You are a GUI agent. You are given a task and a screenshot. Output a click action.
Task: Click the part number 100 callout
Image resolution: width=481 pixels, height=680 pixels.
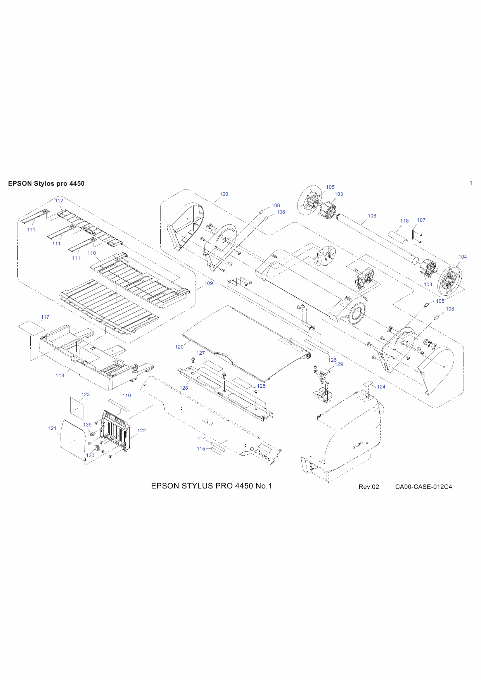coord(224,194)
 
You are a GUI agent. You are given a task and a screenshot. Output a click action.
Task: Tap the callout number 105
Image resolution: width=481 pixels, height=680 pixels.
coord(330,187)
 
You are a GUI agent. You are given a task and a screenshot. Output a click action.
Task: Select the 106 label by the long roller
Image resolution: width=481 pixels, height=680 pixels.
coord(372,216)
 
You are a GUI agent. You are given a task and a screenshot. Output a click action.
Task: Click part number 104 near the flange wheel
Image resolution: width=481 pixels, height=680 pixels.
coord(462,257)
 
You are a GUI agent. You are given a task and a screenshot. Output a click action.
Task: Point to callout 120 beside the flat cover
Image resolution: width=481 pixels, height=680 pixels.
coord(179,347)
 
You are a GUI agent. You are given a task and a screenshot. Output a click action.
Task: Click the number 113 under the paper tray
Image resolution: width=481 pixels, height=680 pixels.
coord(60,376)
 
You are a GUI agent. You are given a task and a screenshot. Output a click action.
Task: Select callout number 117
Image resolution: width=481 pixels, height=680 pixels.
coord(45,317)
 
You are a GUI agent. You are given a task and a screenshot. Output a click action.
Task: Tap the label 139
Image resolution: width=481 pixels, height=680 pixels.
coord(87,425)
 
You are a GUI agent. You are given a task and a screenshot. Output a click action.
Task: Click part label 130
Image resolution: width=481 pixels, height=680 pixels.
coord(90,456)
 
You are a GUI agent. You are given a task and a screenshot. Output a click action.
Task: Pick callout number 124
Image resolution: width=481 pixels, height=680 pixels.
coord(381,387)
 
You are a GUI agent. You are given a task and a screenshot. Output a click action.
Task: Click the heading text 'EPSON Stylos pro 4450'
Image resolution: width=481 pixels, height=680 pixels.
coord(46,184)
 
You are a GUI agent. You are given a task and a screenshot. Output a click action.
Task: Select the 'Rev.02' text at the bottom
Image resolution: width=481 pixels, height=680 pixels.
coord(369,487)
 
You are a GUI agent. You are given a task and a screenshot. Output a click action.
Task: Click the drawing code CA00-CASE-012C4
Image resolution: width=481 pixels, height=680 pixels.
coord(423,487)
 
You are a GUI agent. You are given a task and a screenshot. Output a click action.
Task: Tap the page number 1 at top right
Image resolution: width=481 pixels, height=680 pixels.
coord(471,183)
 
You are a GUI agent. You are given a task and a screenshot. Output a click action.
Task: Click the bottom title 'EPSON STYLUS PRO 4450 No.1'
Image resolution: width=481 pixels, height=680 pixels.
coord(211,486)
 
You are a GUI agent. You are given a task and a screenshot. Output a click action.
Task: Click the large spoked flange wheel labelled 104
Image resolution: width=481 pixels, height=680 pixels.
coord(450,279)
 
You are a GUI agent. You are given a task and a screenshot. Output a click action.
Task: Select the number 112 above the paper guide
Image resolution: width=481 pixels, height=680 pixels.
coord(59,201)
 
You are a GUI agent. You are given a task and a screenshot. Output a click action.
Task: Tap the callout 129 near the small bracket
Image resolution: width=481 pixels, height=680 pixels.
coord(339,364)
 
